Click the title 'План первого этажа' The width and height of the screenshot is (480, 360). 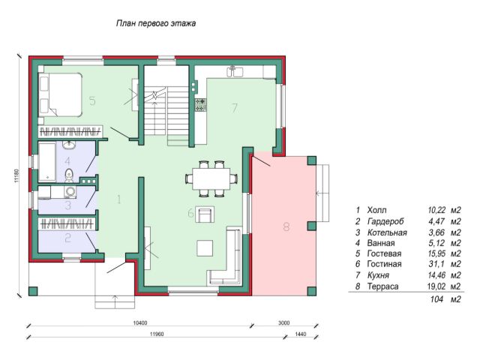tap(156, 23)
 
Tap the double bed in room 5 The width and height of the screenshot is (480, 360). tap(61, 94)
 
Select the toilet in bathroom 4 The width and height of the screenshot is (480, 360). tap(70, 175)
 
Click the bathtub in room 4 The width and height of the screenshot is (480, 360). tap(47, 162)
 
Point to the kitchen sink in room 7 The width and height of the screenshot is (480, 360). tap(235, 71)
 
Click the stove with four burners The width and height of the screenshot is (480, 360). tap(201, 105)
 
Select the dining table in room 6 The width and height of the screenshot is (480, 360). tap(211, 178)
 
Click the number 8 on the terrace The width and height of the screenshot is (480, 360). tap(286, 226)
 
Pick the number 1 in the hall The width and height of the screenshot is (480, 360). tap(118, 199)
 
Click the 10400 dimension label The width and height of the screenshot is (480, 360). tap(140, 322)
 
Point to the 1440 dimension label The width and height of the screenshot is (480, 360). tap(301, 334)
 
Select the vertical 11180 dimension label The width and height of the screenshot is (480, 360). tap(16, 175)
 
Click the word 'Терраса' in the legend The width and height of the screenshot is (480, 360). tap(382, 286)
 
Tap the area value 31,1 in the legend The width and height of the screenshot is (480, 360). tap(436, 264)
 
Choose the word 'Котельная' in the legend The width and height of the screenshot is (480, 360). tap(387, 232)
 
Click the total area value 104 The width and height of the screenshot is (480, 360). tap(436, 299)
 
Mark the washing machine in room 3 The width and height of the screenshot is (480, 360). tap(70, 192)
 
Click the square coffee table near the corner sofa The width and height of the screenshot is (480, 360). tap(205, 248)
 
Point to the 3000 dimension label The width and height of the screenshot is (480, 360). tap(283, 322)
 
